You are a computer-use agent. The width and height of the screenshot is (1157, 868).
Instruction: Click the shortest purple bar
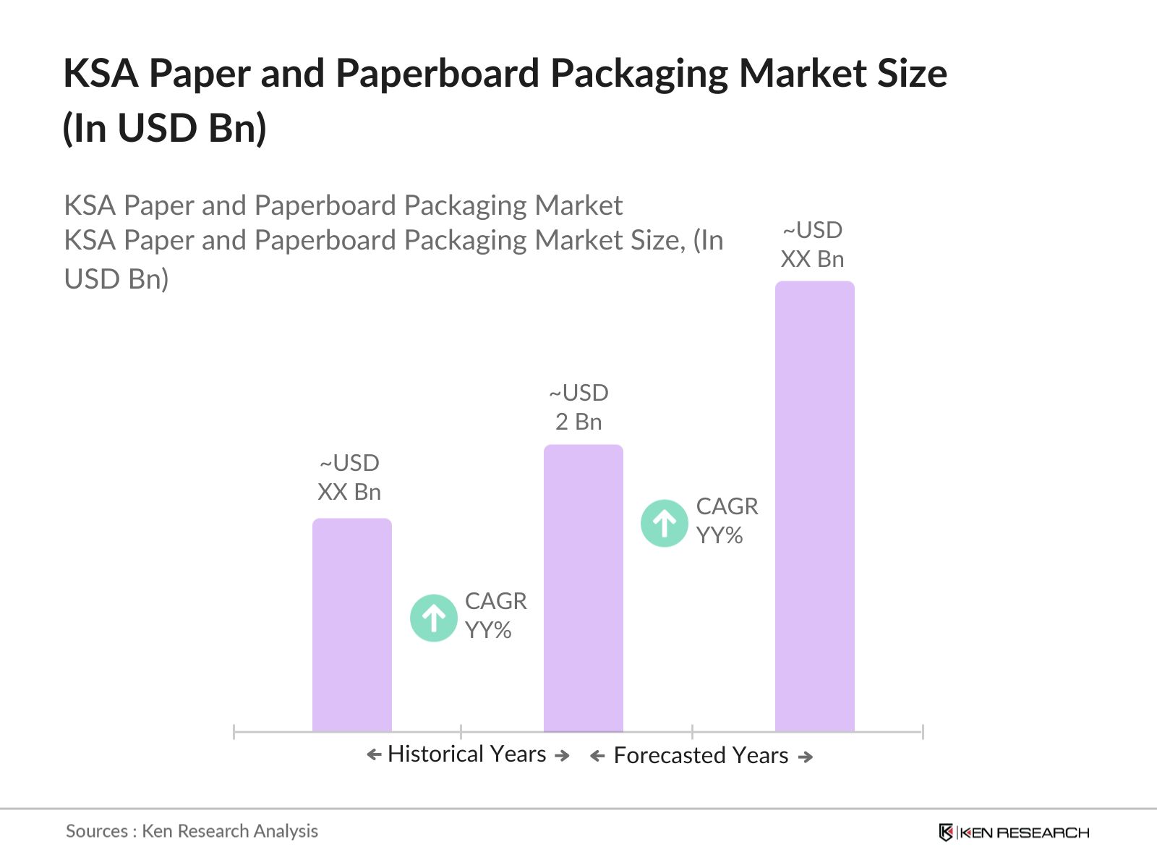tap(352, 625)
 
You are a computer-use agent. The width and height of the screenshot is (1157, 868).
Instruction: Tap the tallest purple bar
tap(815, 506)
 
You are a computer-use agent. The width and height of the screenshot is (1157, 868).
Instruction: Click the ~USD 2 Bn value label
tap(578, 407)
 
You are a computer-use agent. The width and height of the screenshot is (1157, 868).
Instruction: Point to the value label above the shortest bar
tap(349, 477)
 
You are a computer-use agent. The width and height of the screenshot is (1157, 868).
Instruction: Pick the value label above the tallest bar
tap(813, 244)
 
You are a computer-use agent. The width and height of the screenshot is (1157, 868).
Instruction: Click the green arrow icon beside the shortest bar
tap(434, 618)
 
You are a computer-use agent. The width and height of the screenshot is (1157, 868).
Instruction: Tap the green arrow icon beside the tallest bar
tap(665, 523)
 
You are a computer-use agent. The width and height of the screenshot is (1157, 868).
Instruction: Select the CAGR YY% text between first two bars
tap(495, 616)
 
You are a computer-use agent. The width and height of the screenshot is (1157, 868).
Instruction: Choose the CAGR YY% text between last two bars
tap(727, 521)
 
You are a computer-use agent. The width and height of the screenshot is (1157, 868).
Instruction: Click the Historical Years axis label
tap(466, 754)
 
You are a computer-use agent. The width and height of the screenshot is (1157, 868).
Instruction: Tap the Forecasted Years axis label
tap(701, 756)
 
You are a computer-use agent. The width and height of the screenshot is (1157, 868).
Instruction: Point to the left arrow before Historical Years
tap(374, 755)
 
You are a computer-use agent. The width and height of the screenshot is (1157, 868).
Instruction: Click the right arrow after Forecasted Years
tap(806, 757)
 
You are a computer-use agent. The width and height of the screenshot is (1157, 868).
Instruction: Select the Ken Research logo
tap(1014, 833)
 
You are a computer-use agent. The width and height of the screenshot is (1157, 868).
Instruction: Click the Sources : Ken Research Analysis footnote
tap(192, 831)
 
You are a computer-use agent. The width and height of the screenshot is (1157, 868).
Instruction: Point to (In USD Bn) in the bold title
tap(165, 129)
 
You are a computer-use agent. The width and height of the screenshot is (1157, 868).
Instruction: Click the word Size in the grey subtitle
tap(655, 241)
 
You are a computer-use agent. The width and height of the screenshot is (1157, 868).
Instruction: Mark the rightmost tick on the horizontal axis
tap(923, 732)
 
